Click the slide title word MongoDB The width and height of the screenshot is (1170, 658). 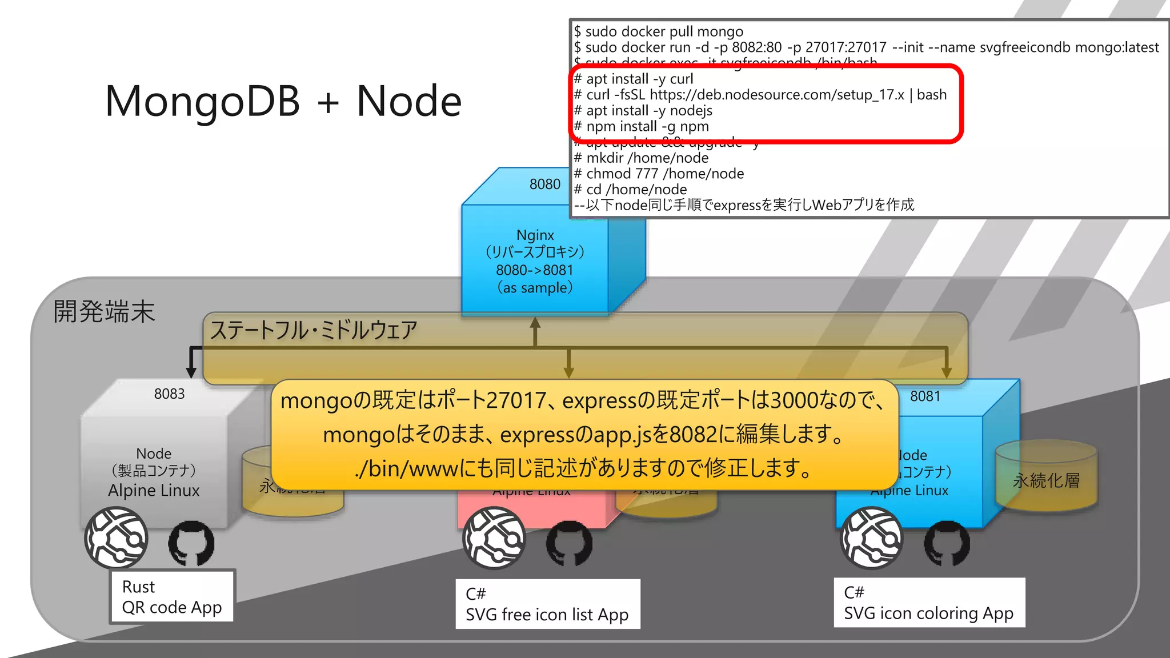tap(202, 102)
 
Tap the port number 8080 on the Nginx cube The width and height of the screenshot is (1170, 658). tap(544, 184)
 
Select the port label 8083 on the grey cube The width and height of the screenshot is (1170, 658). tap(169, 394)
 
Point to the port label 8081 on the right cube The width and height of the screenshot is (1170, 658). tap(925, 396)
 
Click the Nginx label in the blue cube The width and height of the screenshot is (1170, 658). tap(535, 235)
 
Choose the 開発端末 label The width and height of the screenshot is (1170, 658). tap(104, 312)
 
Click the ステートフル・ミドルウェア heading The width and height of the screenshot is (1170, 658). tap(314, 331)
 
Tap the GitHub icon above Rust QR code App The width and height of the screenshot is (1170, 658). tap(191, 543)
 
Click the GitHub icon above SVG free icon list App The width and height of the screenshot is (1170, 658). tap(569, 543)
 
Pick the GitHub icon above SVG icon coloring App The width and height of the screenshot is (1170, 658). tap(947, 543)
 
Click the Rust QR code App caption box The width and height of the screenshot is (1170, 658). tap(171, 597)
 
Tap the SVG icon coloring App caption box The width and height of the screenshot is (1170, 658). tap(928, 603)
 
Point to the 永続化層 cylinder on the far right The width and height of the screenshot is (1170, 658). tap(1046, 477)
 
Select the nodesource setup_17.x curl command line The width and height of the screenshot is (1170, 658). tap(760, 95)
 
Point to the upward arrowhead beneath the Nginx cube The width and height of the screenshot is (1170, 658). tap(535, 322)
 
